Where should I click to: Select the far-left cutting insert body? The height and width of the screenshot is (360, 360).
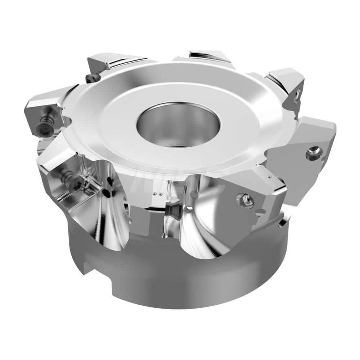tap(41, 112)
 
